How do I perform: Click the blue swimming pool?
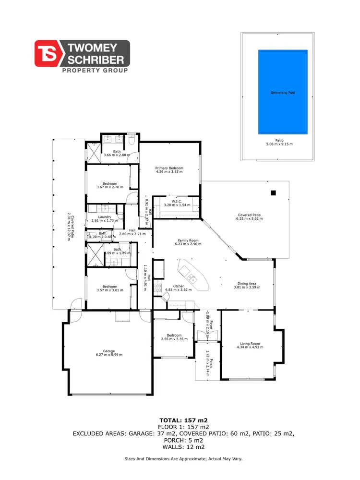pos(282,92)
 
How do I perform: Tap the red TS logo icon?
pos(47,53)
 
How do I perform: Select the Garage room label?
pos(108,351)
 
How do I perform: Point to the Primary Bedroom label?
pos(169,168)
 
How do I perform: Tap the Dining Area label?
pos(247,283)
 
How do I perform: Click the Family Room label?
pos(188,240)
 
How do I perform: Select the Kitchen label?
pos(179,286)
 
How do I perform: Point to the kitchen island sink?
pos(191,276)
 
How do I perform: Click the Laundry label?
pos(104,217)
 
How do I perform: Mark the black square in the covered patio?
pos(273,193)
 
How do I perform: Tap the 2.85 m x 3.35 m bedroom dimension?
pos(174,339)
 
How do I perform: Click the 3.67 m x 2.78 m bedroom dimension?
pos(109,187)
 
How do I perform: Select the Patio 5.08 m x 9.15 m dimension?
pos(279,144)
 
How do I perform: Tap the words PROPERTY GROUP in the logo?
pos(96,71)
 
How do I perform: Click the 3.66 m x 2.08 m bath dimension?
pos(117,155)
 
